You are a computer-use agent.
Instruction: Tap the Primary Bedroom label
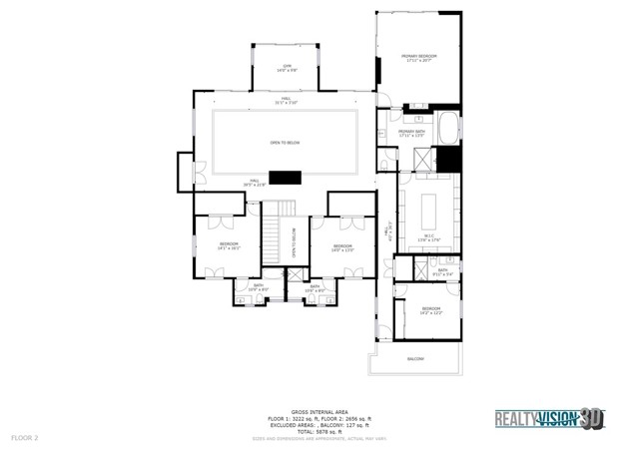[x=421, y=59]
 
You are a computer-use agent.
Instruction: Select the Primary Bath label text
[x=412, y=133]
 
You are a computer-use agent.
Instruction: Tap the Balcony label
[x=415, y=358]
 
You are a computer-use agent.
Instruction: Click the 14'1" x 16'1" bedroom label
[x=229, y=246]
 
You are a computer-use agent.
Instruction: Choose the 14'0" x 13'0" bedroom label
[x=342, y=247]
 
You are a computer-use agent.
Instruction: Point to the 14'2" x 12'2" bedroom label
[x=430, y=310]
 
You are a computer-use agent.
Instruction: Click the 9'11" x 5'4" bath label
[x=442, y=271]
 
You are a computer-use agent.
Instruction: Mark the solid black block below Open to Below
[x=287, y=178]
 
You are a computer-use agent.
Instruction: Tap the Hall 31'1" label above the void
[x=287, y=102]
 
